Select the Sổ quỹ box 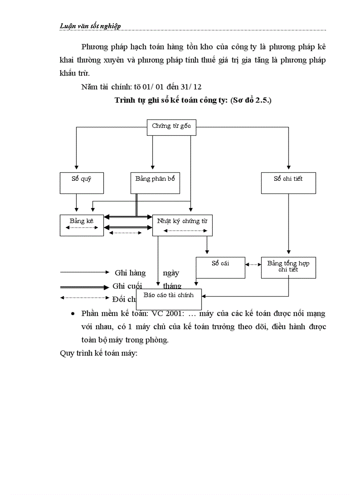(x=82, y=182)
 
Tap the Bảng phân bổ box (x=155, y=182)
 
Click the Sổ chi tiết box (x=289, y=182)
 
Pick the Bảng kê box (x=82, y=225)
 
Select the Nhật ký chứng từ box (x=182, y=225)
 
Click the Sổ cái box (x=220, y=268)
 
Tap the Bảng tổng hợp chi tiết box (x=289, y=268)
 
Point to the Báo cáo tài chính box (x=169, y=299)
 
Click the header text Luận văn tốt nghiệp (x=90, y=26)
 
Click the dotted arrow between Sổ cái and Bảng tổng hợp (x=253, y=264)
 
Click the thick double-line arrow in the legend (x=84, y=287)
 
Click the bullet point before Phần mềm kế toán (x=73, y=314)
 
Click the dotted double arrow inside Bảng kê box (x=82, y=228)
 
